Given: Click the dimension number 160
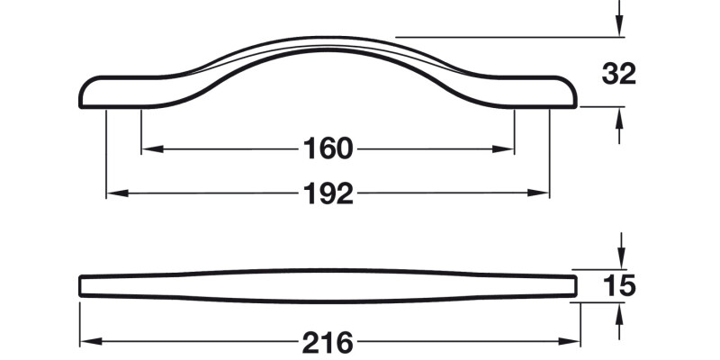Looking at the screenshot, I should [x=328, y=148].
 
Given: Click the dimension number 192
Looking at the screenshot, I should [x=328, y=193].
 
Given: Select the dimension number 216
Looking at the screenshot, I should [x=328, y=342].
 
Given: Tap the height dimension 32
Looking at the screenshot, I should [x=618, y=74].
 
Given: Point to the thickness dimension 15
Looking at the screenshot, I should [x=618, y=286].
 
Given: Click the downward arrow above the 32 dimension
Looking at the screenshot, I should [x=619, y=27].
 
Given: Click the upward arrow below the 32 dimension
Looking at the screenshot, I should [x=619, y=117].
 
